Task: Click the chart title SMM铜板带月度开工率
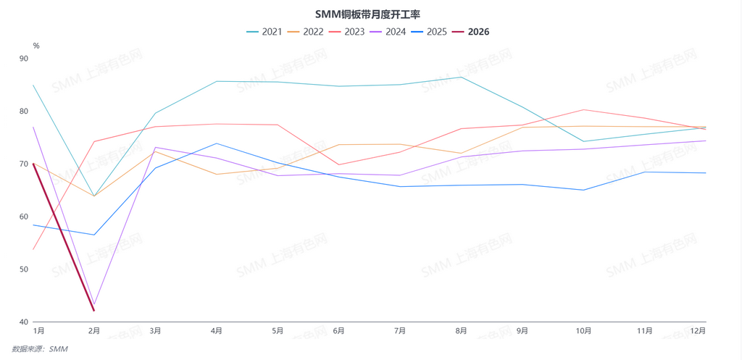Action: [368, 14]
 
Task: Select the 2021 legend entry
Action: [264, 32]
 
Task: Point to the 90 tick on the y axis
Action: [24, 59]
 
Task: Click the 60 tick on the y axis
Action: [24, 217]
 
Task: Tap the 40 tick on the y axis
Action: [24, 322]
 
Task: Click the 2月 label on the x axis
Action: [94, 331]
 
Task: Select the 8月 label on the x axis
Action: [461, 331]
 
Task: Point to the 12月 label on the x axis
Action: [697, 331]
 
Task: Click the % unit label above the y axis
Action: [36, 46]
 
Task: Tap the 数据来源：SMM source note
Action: [40, 349]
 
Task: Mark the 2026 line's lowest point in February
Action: [94, 311]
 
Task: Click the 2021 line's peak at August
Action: [461, 77]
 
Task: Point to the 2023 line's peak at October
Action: [583, 109]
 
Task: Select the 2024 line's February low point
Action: [94, 304]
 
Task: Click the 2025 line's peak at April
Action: [217, 143]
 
